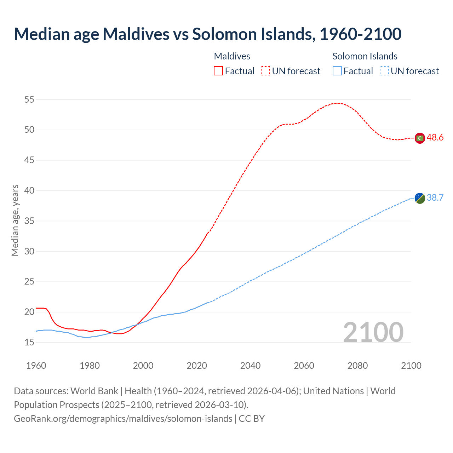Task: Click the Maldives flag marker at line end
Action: click(x=420, y=138)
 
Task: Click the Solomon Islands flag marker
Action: click(x=420, y=198)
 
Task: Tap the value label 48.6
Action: click(x=435, y=138)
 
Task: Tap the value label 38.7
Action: click(x=435, y=197)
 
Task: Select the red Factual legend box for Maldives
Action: click(x=218, y=71)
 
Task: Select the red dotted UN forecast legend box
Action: click(x=265, y=71)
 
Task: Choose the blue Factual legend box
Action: click(x=337, y=71)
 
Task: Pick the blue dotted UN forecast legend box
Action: click(x=384, y=71)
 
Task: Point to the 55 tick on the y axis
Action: click(x=29, y=100)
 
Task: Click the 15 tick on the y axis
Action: click(x=29, y=342)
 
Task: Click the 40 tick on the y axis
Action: click(x=29, y=191)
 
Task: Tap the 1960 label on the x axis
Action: click(x=36, y=366)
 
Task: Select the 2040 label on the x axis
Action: click(x=250, y=366)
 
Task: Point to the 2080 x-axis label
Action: click(x=357, y=366)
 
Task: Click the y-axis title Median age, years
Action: click(x=15, y=220)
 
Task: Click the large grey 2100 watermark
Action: click(x=373, y=332)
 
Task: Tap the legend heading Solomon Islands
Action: click(x=365, y=56)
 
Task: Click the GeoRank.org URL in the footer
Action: click(x=123, y=419)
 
